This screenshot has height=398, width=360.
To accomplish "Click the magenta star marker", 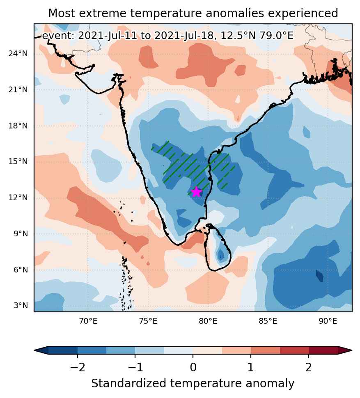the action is pos(197,192).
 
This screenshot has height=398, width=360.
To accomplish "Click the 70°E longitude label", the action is pos(88,321).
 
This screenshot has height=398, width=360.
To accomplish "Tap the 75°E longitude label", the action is pos(148,321).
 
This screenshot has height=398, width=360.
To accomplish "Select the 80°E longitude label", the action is pos(208,321).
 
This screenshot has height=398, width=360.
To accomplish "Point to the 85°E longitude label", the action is pos(268,321).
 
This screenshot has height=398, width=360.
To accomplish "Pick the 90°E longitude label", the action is pos(328,321).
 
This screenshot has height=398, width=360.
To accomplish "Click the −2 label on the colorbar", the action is pos(78,367).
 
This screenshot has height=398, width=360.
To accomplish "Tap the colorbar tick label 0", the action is pos(193,367).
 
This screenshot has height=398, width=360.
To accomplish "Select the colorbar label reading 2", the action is pos(308,367).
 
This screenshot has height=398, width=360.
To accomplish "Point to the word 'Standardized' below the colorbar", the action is pos(129,384).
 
